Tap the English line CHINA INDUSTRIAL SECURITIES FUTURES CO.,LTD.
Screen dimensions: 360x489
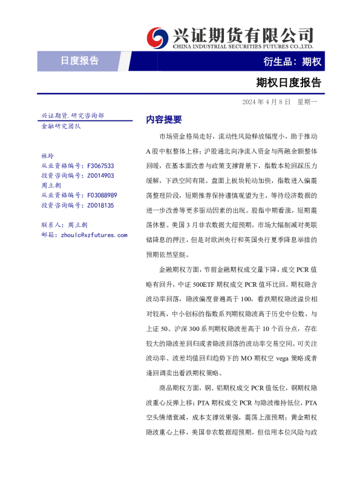pyautogui.click(x=243, y=46)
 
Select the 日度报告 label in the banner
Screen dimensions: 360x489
pyautogui.click(x=79, y=61)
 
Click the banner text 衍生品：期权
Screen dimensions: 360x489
pyautogui.click(x=292, y=61)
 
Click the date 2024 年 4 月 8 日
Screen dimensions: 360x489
pyautogui.click(x=266, y=102)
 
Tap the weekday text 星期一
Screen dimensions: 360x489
pyautogui.click(x=307, y=102)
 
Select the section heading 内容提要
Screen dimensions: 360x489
pyautogui.click(x=164, y=120)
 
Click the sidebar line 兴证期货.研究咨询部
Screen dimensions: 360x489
pyautogui.click(x=72, y=115)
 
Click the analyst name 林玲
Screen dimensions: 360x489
pyautogui.click(x=47, y=156)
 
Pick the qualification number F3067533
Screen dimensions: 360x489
pyautogui.click(x=100, y=166)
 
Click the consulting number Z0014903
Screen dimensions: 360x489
pyautogui.click(x=100, y=176)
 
